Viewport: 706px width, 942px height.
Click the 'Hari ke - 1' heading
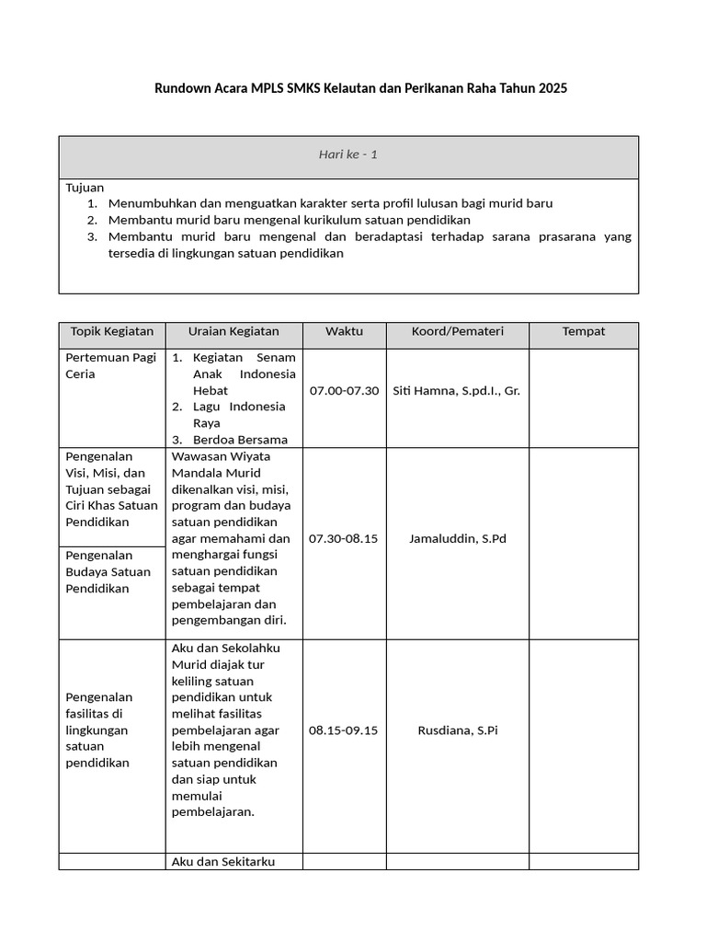tap(347, 155)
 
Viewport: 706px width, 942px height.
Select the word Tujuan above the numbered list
tap(85, 187)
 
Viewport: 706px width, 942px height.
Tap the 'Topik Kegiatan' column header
tap(111, 331)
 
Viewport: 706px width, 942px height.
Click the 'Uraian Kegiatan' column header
tap(233, 331)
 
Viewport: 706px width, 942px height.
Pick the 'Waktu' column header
tap(344, 331)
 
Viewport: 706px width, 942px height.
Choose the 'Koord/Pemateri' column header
tap(457, 331)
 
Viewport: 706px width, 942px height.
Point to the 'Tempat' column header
tap(584, 331)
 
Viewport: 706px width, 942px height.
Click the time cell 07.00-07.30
tap(344, 391)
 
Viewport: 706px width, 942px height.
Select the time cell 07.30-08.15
tap(344, 539)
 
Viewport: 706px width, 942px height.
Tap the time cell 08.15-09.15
tap(344, 730)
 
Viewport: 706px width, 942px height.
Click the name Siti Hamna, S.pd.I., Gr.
tap(457, 391)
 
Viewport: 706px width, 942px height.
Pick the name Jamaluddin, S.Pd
tap(457, 539)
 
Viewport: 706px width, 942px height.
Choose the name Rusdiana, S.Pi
tap(457, 730)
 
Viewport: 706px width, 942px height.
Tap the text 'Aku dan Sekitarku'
tap(223, 862)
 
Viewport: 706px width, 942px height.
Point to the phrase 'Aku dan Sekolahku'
tap(225, 649)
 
